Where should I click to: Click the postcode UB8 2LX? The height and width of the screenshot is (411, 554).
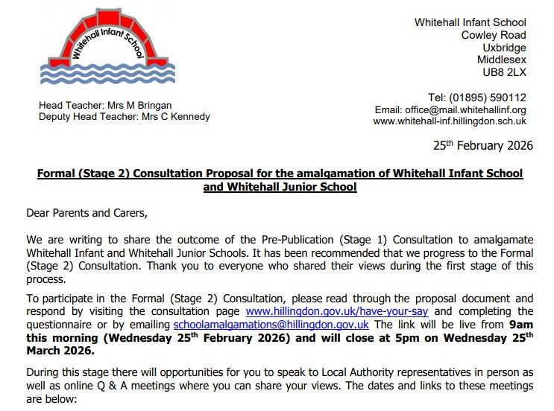pos(505,73)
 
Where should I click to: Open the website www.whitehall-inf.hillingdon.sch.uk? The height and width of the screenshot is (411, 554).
pos(450,121)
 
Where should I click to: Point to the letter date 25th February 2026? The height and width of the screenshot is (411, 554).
pos(483,146)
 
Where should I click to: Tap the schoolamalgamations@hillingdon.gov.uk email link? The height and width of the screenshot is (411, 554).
pos(271,325)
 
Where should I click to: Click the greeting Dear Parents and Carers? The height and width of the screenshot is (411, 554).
pos(86,213)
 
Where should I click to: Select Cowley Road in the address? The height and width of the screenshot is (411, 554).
pos(494,35)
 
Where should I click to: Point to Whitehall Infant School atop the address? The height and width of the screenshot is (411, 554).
pos(470,22)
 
